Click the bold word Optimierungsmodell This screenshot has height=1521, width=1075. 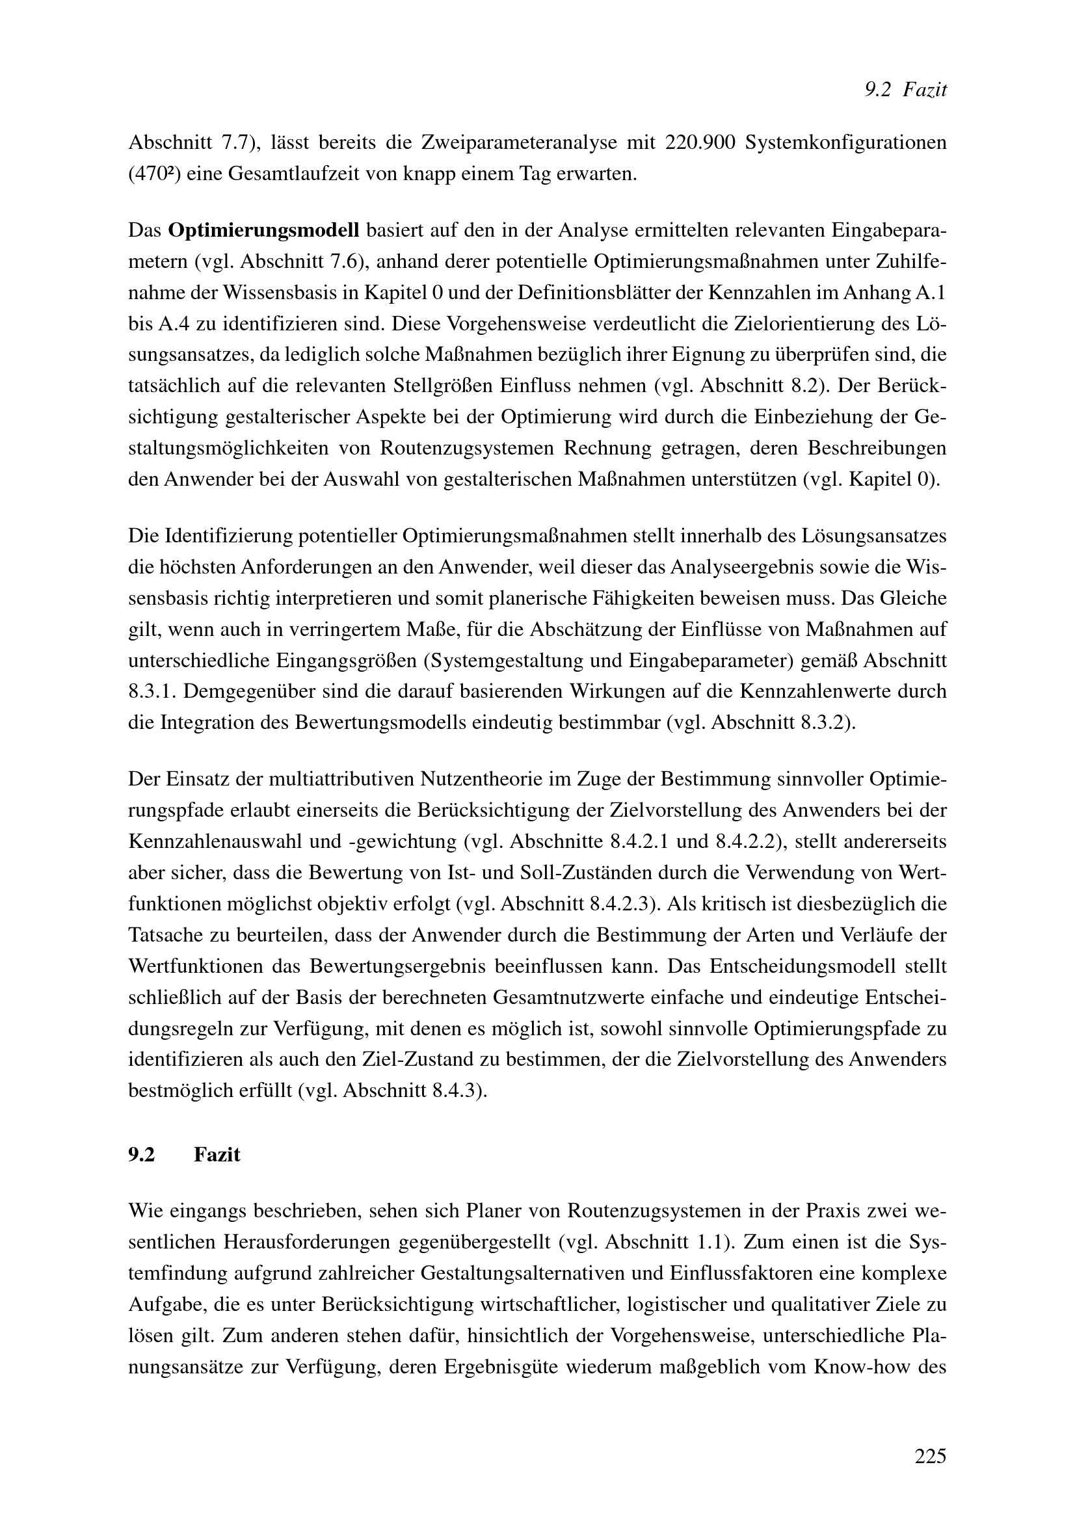[263, 231]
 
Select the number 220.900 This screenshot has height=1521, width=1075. [701, 143]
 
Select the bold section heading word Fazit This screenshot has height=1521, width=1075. [217, 1155]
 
